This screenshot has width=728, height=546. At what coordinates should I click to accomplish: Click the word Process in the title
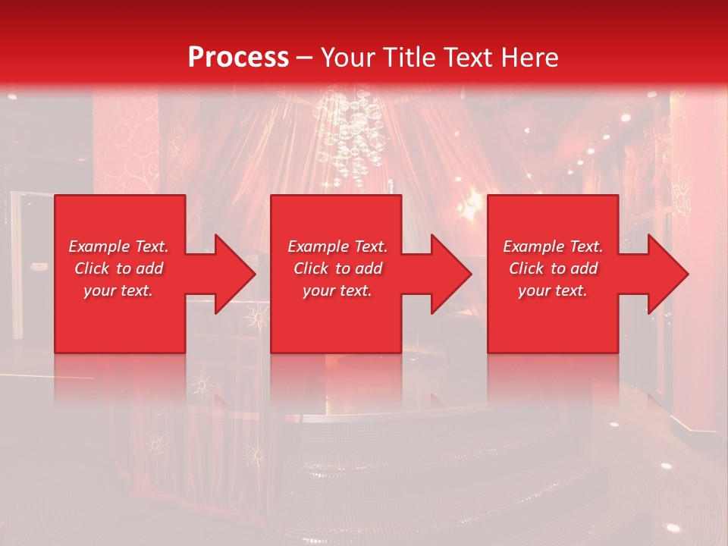tap(238, 58)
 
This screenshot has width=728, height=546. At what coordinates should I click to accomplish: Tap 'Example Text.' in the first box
tap(119, 246)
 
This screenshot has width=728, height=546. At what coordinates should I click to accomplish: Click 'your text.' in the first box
tap(119, 290)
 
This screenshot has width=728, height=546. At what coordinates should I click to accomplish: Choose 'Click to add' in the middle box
tap(337, 268)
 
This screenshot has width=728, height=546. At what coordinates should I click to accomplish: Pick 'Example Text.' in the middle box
tap(337, 246)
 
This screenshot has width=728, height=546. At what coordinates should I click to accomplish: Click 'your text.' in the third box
tap(553, 290)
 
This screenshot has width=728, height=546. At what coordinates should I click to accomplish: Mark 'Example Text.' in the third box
tap(553, 246)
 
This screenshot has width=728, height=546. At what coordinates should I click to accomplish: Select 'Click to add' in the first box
tap(119, 268)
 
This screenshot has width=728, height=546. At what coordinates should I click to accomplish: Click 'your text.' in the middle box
tap(337, 290)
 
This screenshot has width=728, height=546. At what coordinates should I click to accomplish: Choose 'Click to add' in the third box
tap(553, 268)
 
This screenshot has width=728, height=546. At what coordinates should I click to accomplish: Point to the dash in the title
tap(305, 58)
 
